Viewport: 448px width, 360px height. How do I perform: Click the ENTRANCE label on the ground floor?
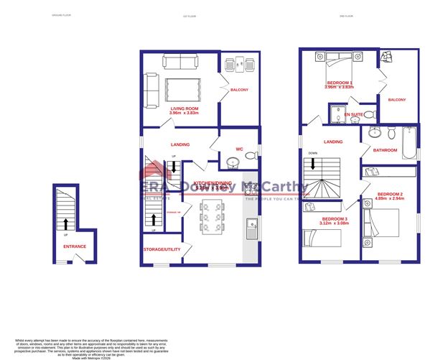coord(74,246)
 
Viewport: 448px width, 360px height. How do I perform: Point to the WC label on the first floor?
coord(241,149)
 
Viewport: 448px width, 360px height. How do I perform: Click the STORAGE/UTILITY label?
coord(162,249)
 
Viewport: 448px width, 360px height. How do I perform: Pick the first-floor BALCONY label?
coord(239,90)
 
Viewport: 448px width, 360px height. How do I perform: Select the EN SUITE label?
coord(353,114)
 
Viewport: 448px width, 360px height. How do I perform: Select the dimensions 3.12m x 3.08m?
coord(335,223)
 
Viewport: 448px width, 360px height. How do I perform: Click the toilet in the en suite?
coord(368,114)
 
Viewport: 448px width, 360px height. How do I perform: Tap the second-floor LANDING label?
coord(333,142)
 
